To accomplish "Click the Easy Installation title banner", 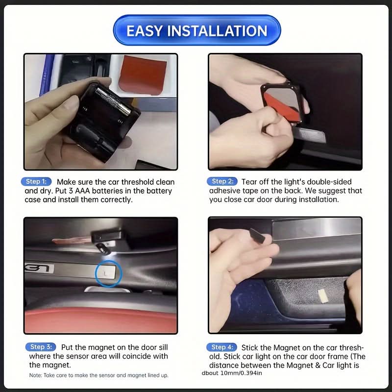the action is click(197, 30).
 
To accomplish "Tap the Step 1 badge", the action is click(36, 181).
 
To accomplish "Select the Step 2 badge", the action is click(222, 181).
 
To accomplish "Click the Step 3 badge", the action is click(41, 347).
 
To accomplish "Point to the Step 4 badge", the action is click(222, 347).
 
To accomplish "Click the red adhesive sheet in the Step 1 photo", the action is click(143, 75).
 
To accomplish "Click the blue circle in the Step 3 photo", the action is click(108, 273).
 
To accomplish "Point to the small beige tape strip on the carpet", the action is click(323, 296).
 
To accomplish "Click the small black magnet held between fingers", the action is click(257, 236).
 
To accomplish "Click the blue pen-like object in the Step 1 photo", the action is click(47, 74).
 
